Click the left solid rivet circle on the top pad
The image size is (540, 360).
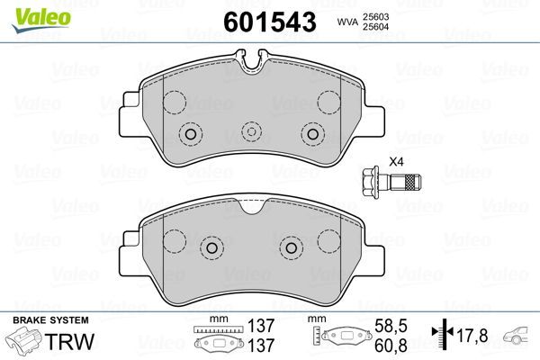tap(190, 135)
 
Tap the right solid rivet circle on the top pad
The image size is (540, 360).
tap(312, 135)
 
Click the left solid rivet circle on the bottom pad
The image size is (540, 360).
tap(211, 247)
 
